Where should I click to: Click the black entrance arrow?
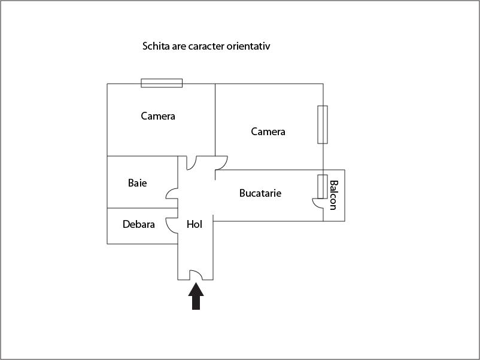[196, 297]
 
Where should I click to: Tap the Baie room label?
[137, 183]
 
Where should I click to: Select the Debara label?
[139, 225]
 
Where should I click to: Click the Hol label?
[195, 225]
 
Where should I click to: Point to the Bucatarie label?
[260, 193]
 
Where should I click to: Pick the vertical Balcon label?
[333, 195]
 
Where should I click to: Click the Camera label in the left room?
[158, 116]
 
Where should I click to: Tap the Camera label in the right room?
[268, 132]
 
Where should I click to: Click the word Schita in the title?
[156, 46]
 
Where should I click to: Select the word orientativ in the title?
[248, 46]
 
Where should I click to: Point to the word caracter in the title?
[206, 46]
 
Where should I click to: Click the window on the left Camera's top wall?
[162, 83]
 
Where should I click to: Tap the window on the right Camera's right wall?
[323, 124]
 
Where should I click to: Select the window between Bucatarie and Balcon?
[322, 186]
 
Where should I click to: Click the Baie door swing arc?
[172, 193]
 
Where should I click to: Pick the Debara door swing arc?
[172, 225]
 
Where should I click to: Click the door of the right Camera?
[220, 162]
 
